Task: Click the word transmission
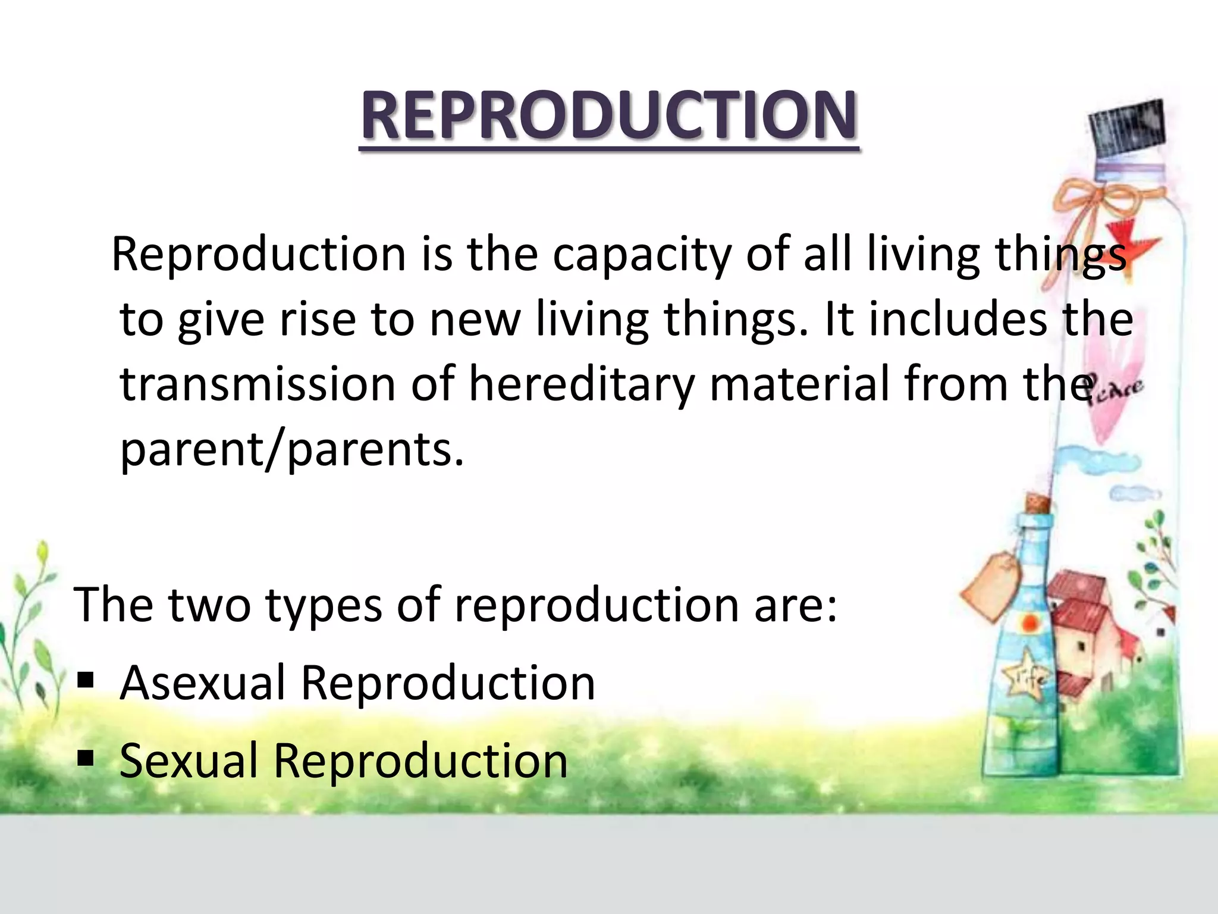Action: coord(258,384)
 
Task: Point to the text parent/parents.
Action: coord(291,450)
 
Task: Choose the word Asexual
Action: coord(202,683)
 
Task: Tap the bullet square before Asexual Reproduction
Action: coord(86,680)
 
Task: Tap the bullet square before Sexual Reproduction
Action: coord(86,758)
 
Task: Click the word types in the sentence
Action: coord(323,606)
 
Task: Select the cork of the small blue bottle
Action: coord(1037,505)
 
